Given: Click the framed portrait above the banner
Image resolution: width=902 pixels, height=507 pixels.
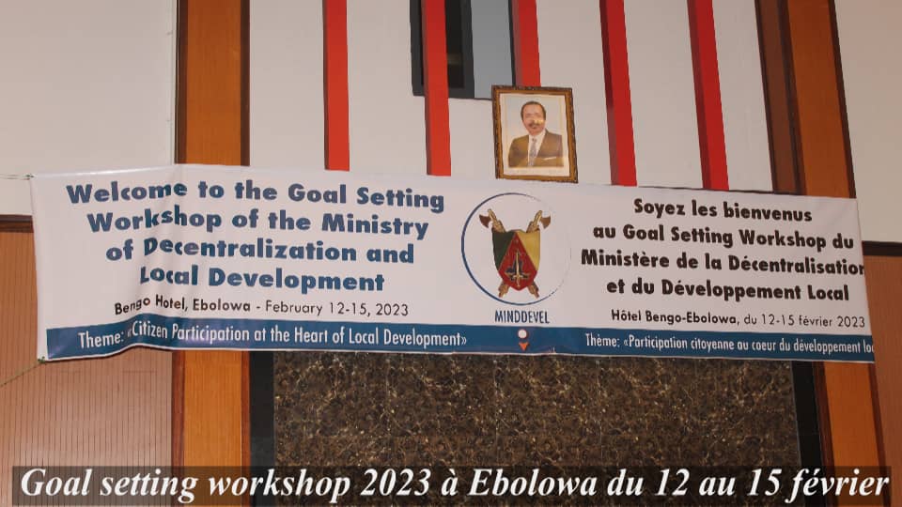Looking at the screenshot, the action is coord(535,133).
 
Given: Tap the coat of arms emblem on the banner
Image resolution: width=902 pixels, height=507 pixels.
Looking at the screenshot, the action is coord(517,253).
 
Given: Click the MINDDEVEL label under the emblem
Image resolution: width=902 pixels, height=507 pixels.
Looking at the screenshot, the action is coord(521,317).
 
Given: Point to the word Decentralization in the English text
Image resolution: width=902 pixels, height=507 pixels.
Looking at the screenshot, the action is coord(250,250).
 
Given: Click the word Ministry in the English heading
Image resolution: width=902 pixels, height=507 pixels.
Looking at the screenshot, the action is coord(375,224).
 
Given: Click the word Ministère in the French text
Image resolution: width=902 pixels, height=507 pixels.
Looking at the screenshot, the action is coord(626,259).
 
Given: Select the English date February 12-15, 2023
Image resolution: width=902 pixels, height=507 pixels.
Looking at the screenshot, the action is coord(336,308).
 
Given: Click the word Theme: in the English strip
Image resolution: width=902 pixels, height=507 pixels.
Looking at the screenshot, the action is coord(101,339).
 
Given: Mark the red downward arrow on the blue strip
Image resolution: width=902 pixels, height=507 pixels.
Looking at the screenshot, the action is coord(523,346).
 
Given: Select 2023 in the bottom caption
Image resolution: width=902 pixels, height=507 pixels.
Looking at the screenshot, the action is coord(396,484).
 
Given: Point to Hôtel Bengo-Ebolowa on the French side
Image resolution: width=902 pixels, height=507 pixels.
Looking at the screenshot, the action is coord(674,316).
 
